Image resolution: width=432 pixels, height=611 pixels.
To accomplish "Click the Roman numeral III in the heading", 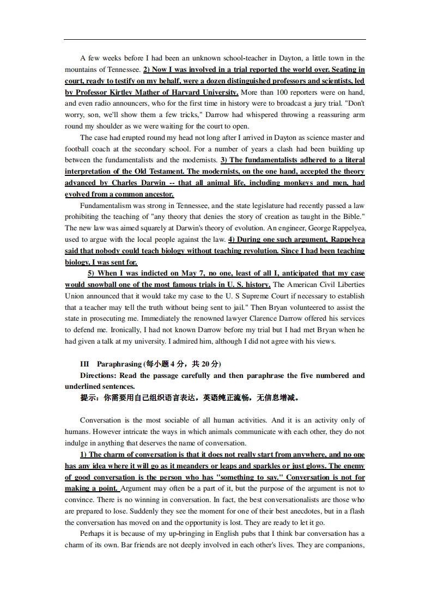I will coord(84,364).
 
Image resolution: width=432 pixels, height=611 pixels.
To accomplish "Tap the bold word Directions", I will coord(98,375).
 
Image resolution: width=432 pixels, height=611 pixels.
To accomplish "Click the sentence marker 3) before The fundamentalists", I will coord(224,160).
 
